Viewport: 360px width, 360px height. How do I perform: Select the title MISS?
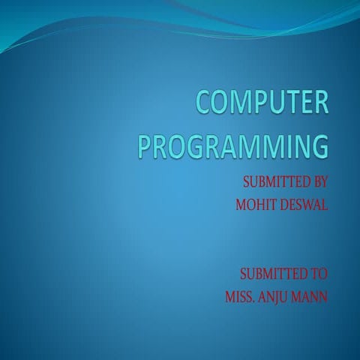240,295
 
